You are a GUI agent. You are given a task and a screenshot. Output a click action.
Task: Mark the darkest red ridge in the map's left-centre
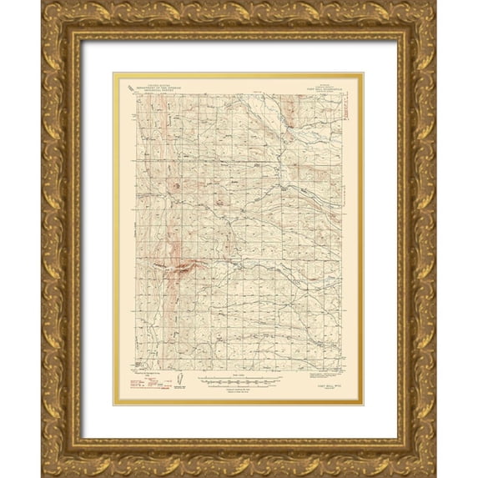point(180,268)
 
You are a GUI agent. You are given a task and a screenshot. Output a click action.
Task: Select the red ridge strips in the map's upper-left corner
point(150,113)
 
